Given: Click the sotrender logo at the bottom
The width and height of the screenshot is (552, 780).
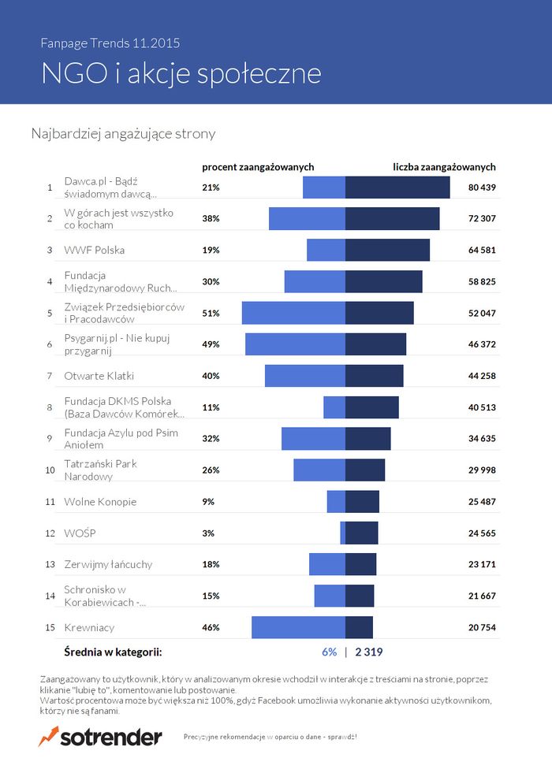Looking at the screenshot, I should [100, 737].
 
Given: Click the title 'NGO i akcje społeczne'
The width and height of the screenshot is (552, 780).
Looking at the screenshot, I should [181, 72].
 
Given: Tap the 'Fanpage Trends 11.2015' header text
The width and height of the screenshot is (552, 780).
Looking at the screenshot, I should [115, 43].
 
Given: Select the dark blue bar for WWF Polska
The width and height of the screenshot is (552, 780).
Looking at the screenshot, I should [387, 250].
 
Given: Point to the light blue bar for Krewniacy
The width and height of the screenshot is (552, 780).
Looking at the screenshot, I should [298, 627].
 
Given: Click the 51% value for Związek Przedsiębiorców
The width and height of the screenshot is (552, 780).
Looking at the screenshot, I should [211, 313].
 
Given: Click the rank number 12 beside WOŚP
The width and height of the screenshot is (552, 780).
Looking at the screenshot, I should [49, 533].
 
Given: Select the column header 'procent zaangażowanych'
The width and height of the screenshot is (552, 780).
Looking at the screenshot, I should [258, 167].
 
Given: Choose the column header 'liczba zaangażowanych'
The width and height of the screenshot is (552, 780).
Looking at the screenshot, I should [444, 167].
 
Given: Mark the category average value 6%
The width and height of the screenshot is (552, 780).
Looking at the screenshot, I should [329, 652].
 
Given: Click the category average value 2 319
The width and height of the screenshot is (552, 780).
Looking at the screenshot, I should [369, 652].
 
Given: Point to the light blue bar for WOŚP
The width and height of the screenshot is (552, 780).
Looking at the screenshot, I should [342, 533].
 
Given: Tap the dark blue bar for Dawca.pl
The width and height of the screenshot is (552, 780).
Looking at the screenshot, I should [397, 188].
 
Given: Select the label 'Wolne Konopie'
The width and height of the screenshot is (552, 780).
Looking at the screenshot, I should [100, 502].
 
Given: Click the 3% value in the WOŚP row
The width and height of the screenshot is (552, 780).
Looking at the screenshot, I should [208, 533].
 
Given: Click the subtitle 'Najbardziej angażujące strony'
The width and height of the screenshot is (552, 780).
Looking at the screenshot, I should [123, 134].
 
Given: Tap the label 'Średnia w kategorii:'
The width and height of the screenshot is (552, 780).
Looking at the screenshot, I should [113, 652].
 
